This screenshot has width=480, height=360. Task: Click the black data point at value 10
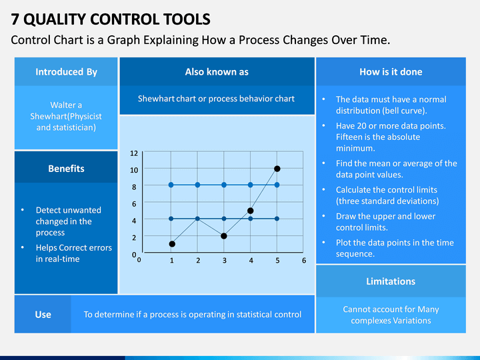point(277,169)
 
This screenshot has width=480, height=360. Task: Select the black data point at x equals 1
point(172,244)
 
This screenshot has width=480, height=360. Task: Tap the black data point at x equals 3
point(224,236)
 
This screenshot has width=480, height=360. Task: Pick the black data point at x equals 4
point(251,211)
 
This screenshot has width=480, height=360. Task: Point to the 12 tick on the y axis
point(134,153)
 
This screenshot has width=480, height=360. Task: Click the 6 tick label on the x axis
point(304,261)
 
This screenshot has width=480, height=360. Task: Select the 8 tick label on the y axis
point(134,187)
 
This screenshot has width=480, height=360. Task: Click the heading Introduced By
point(66,72)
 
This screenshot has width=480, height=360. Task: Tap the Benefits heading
point(66,169)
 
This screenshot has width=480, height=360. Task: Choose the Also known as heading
point(217,72)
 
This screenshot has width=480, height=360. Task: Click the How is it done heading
point(391,72)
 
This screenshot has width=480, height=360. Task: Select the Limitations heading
point(391,281)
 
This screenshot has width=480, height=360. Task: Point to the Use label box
point(43,315)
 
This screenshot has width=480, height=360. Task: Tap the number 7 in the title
point(15,19)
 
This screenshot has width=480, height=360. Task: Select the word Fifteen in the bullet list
point(350,137)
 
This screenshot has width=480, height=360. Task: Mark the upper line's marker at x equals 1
point(171,185)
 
